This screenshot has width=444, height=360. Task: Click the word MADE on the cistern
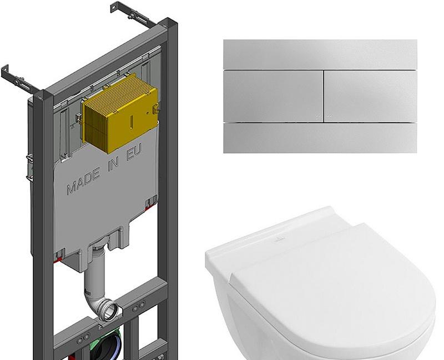(84, 181)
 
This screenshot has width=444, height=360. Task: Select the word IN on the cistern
(113, 164)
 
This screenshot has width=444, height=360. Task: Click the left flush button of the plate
(273, 96)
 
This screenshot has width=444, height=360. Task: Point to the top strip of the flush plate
(320, 54)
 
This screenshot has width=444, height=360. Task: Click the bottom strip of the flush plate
(320, 138)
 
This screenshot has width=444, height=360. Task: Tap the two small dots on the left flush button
(318, 116)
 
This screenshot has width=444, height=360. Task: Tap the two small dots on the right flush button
(329, 116)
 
